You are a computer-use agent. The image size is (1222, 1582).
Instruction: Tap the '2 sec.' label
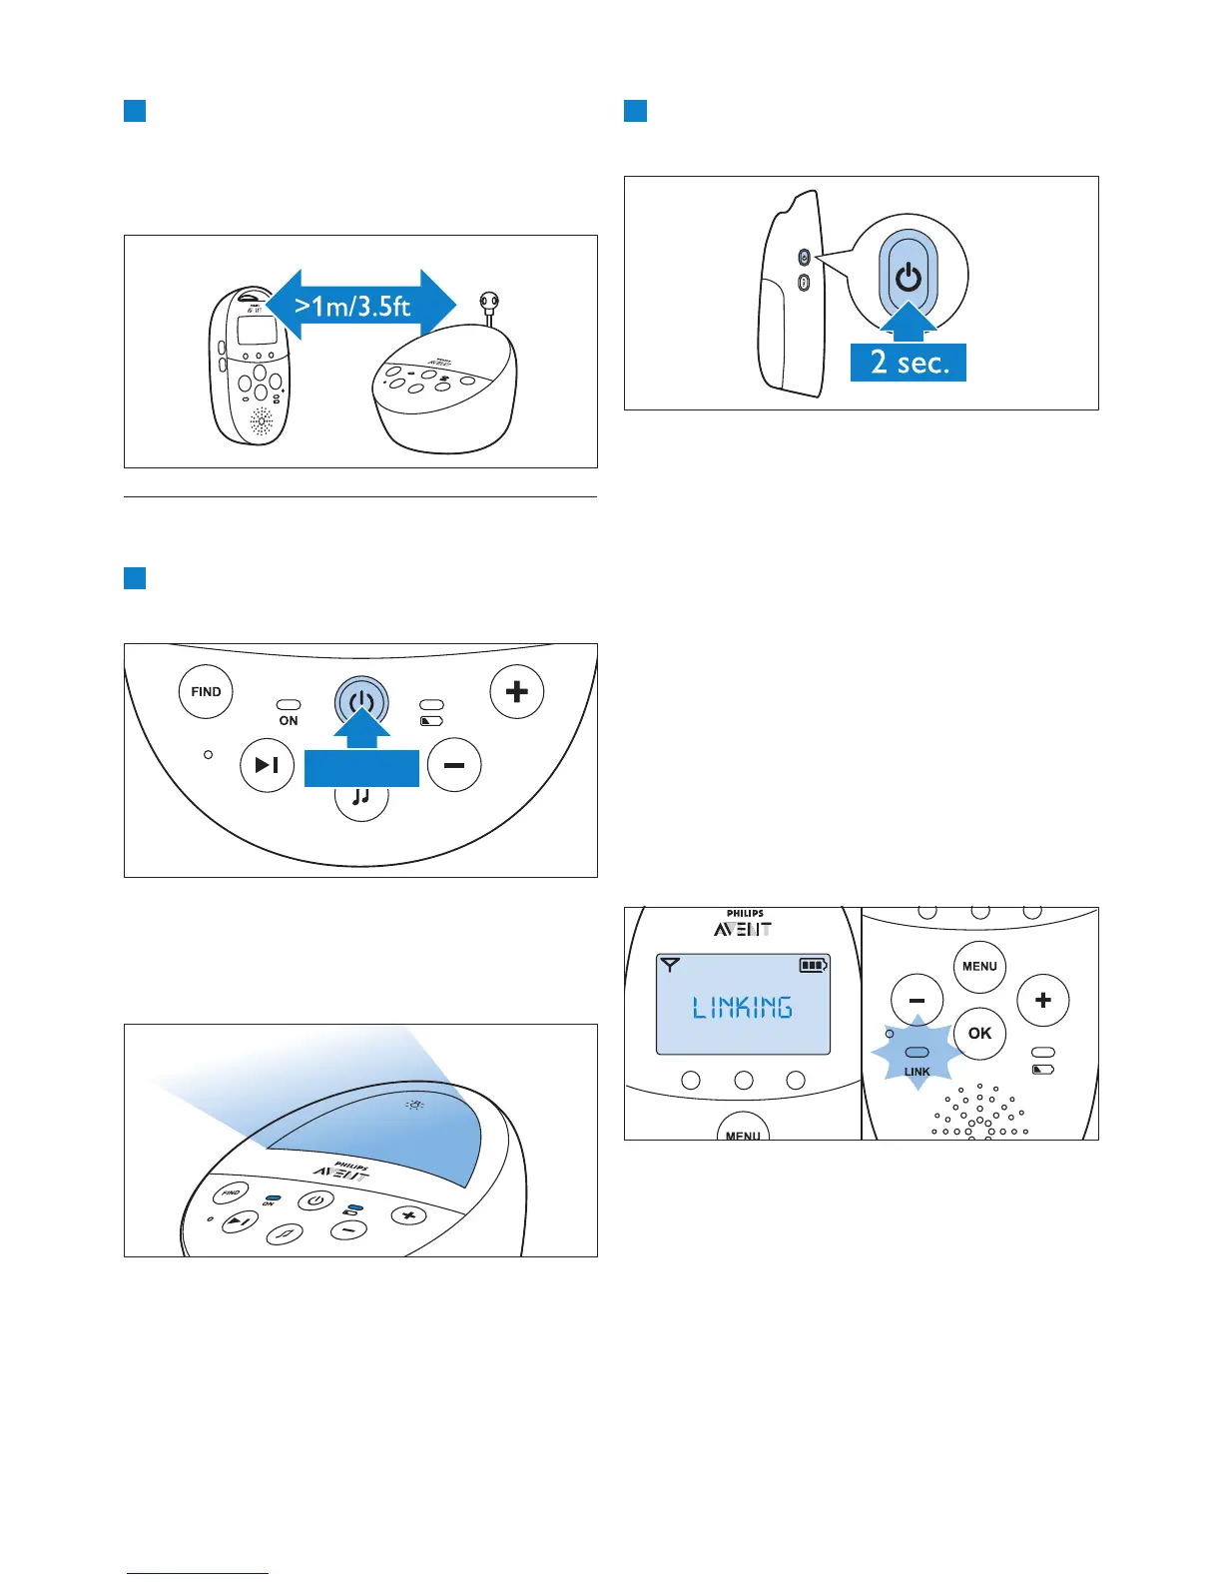908,362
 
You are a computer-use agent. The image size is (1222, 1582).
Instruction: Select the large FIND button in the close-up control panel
206,691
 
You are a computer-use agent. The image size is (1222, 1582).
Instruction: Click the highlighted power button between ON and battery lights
360,703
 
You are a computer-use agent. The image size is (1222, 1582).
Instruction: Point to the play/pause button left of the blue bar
267,765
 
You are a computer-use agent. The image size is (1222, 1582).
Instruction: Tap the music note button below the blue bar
360,799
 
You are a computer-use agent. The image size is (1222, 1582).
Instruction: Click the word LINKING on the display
743,1007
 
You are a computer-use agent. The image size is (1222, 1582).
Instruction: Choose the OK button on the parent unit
979,1033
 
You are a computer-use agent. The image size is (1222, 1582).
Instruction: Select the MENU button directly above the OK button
979,966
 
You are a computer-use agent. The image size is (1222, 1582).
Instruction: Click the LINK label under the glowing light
916,1072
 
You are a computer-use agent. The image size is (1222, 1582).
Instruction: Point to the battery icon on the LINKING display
813,965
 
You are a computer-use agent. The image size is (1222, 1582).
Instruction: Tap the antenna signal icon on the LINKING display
670,965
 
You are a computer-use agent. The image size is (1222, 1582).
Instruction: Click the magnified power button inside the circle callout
909,276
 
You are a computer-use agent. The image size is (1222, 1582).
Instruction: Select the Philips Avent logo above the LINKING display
744,924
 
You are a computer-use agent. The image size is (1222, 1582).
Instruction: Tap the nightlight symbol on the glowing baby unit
414,1105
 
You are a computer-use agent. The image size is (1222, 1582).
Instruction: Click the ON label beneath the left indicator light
289,720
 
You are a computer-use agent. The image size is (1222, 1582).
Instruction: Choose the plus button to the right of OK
1042,1000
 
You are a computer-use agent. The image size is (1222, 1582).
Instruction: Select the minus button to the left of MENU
916,1000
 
